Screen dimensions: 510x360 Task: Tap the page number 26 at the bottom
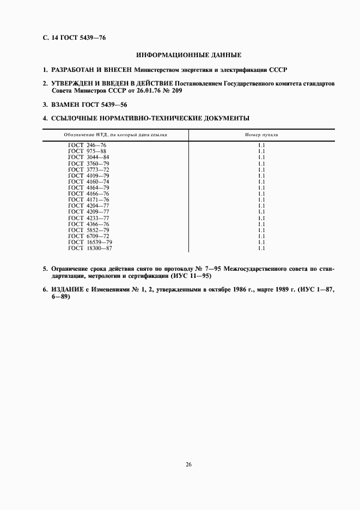[x=188, y=465]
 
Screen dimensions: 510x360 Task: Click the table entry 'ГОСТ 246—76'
[x=88, y=145]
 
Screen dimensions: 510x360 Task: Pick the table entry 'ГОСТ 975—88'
[x=88, y=151]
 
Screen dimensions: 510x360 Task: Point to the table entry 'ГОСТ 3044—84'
[x=89, y=157]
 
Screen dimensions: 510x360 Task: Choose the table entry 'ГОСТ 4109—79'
[x=89, y=175]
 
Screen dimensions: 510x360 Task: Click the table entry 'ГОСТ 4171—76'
[x=89, y=199]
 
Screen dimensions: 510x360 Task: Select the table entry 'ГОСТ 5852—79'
[x=89, y=230]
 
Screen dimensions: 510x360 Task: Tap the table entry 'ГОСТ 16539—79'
[x=90, y=242]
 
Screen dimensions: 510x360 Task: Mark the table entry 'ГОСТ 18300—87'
[x=90, y=248]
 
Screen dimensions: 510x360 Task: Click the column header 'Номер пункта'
[x=261, y=134]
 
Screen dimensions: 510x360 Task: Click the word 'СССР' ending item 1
[x=277, y=70]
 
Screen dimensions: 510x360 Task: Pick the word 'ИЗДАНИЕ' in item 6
[x=68, y=290]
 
